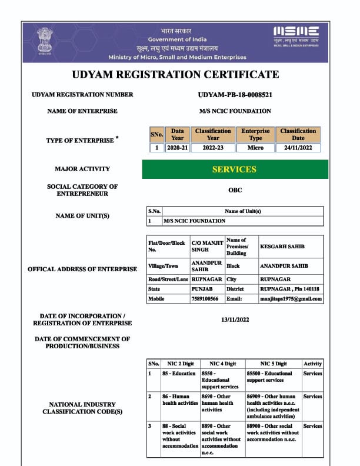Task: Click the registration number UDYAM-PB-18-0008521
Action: (235, 95)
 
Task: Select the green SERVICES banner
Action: (234, 169)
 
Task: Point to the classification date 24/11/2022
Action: (298, 148)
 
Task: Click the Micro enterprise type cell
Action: (255, 148)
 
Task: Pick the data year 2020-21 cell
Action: (177, 148)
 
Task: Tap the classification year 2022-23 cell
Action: (213, 148)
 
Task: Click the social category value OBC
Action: (235, 191)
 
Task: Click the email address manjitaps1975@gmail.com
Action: (291, 299)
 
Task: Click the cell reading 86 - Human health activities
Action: (180, 400)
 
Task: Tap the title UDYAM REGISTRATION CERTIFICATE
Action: (175, 75)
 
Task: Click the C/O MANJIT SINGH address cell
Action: (205, 246)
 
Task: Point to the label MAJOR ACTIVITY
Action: (82, 169)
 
